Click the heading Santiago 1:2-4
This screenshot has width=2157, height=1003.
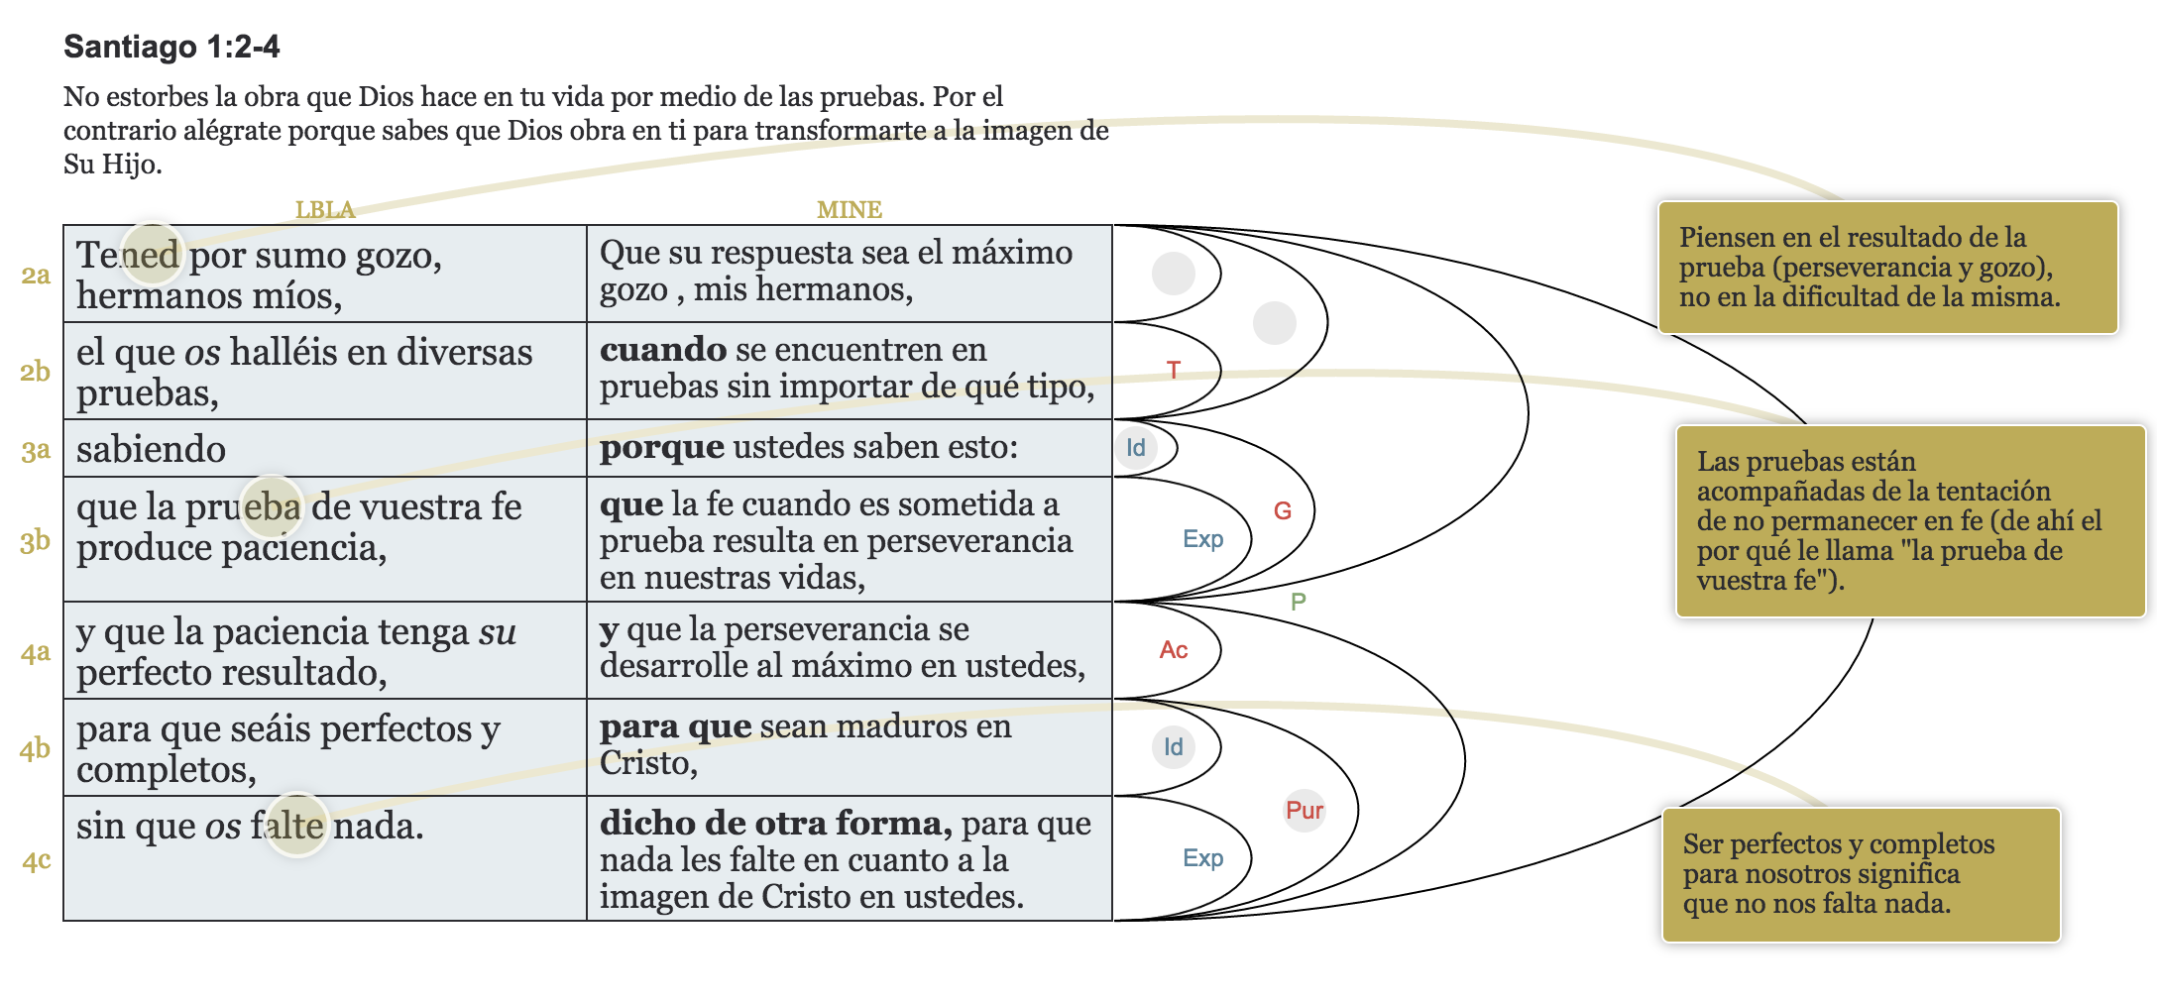point(171,47)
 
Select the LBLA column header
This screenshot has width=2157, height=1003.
point(324,209)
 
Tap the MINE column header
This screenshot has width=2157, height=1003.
point(849,209)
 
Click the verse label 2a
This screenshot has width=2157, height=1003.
point(36,275)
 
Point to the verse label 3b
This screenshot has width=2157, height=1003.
point(36,541)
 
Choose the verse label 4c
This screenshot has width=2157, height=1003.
point(37,860)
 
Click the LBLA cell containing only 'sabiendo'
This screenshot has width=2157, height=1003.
point(152,449)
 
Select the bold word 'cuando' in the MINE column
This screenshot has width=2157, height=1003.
point(662,350)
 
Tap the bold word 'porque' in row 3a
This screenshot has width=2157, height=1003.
point(661,447)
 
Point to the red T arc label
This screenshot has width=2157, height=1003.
point(1174,371)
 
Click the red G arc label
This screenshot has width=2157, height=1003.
point(1283,511)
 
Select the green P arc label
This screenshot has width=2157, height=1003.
point(1299,602)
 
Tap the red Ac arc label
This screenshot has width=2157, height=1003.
point(1174,650)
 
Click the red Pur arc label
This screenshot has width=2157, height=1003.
point(1305,811)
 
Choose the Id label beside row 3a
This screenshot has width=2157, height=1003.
point(1136,448)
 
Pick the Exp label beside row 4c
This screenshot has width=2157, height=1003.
point(1202,858)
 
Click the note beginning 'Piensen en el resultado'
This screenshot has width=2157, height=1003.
point(1887,268)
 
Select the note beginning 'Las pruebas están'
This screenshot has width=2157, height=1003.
point(1909,520)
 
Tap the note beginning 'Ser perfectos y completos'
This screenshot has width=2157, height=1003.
point(1860,874)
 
